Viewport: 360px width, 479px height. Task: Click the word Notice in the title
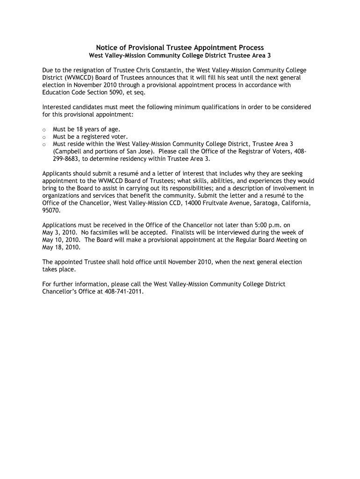tap(107, 48)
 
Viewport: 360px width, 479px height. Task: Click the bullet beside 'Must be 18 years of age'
tap(43, 130)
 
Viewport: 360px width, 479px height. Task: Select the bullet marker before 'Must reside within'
tap(43, 144)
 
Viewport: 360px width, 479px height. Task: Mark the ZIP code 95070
tap(51, 210)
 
